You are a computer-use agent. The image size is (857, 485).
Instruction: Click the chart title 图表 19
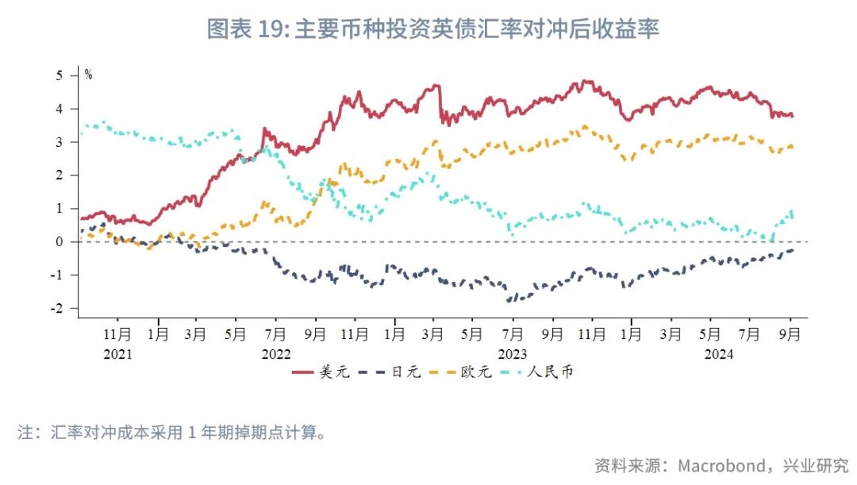click(x=432, y=30)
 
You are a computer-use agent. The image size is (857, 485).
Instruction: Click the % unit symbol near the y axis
click(x=88, y=75)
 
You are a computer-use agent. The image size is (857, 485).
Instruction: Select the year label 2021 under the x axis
click(x=118, y=354)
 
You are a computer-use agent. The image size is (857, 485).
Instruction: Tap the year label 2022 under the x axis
click(x=276, y=354)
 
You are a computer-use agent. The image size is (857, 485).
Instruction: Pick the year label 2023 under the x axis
click(x=513, y=354)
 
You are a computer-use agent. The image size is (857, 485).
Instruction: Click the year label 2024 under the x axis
click(x=720, y=354)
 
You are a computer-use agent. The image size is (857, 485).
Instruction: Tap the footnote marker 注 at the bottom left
click(x=25, y=433)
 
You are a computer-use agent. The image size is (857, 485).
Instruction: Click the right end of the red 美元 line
click(x=793, y=116)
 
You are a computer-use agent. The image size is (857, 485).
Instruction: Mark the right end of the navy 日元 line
click(x=793, y=250)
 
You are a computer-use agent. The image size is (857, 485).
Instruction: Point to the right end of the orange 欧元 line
click(x=793, y=148)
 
